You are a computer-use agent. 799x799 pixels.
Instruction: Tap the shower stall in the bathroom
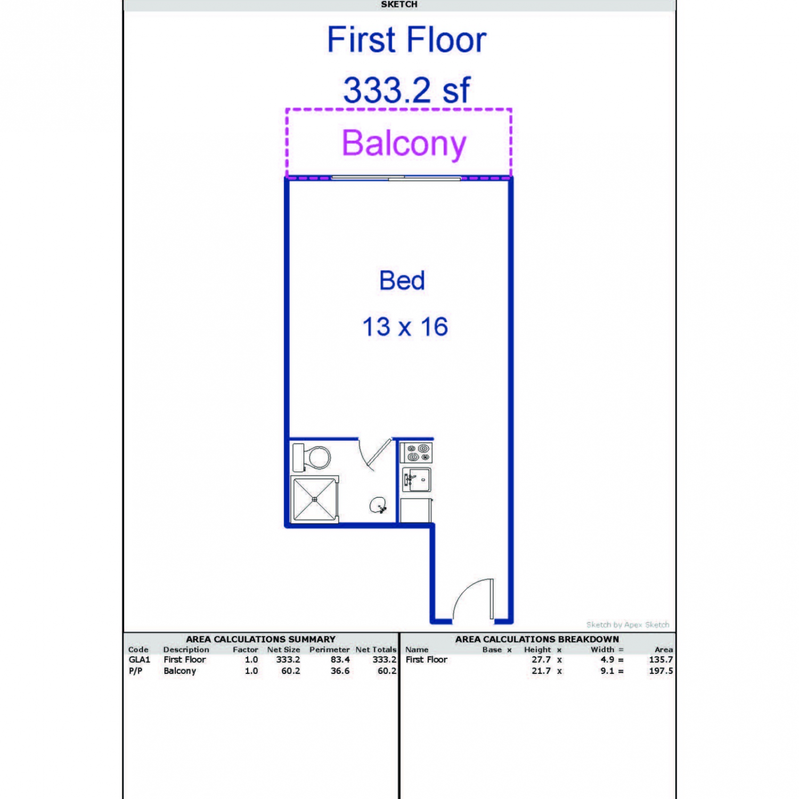click(315, 499)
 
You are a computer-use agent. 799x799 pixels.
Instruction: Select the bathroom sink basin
click(379, 505)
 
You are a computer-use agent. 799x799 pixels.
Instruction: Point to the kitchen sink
click(417, 480)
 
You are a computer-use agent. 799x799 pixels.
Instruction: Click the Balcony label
click(404, 143)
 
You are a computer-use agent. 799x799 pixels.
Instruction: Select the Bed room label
click(402, 281)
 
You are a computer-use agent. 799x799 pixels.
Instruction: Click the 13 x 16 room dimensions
click(405, 327)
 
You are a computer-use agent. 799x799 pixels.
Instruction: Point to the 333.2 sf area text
click(407, 90)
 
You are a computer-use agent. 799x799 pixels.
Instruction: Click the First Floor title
click(407, 40)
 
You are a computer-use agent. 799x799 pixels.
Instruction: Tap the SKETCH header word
click(399, 4)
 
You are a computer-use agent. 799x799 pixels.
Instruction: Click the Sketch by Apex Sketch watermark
click(628, 624)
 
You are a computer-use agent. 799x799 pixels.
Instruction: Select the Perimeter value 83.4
click(340, 659)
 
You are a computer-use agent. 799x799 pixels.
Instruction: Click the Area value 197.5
click(661, 671)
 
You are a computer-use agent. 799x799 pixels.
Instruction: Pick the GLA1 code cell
click(139, 659)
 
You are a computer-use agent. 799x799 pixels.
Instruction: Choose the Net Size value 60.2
click(290, 671)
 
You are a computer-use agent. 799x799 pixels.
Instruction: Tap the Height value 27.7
click(541, 659)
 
